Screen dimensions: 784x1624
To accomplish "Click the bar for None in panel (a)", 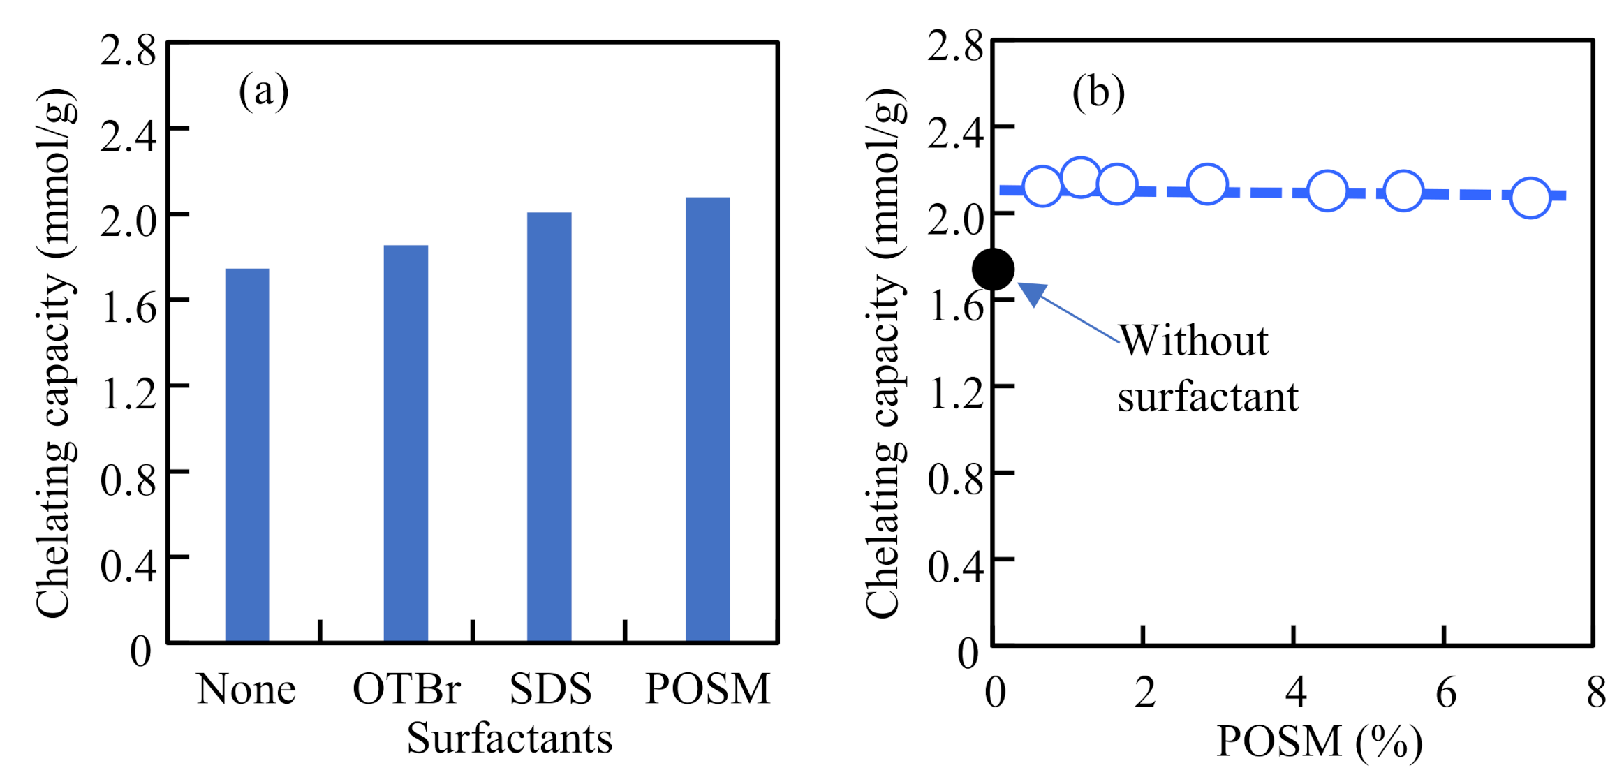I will point(247,454).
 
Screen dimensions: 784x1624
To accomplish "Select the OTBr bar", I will point(406,443).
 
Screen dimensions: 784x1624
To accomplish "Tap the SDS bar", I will point(549,427).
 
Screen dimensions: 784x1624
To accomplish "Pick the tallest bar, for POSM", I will point(707,419).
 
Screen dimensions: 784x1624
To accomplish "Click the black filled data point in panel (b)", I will point(993,269).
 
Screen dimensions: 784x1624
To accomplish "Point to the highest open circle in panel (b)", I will point(1080,177).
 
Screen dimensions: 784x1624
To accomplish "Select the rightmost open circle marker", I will point(1530,198).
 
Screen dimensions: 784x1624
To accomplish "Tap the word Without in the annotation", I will point(1194,341).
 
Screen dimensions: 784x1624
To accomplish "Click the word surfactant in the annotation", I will point(1207,397).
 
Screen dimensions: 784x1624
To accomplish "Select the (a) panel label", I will point(263,91).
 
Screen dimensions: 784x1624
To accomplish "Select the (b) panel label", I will point(1098,92).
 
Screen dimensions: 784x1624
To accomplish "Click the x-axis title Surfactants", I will point(509,739).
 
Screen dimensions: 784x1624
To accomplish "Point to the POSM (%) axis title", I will point(1319,741).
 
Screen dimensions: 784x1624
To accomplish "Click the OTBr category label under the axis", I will point(406,689).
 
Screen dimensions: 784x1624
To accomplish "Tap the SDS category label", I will point(550,689).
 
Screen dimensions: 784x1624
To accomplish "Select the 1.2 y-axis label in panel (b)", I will point(955,393).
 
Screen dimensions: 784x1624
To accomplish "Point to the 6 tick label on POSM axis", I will point(1446,693).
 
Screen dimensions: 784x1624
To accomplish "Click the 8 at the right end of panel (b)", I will point(1596,693).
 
